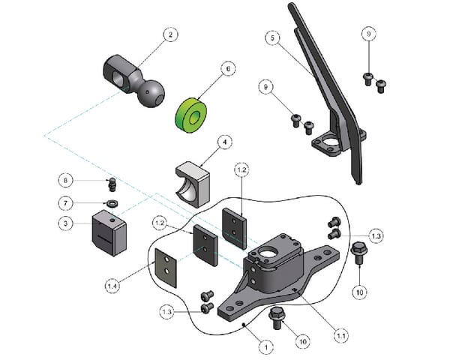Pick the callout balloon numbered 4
223,140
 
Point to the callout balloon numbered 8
66,180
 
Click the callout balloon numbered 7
66,203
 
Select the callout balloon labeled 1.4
112,286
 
